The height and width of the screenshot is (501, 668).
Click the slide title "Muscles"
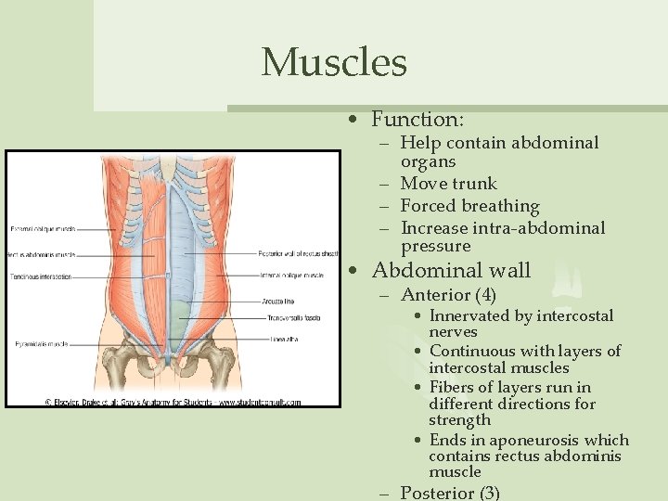tap(334, 63)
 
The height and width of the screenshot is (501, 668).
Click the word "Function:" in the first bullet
tap(417, 120)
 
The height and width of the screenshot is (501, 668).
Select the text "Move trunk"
tap(448, 184)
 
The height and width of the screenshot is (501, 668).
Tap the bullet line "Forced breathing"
tap(469, 206)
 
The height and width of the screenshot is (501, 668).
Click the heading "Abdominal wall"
tap(451, 271)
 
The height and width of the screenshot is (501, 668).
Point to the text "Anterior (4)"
tap(448, 296)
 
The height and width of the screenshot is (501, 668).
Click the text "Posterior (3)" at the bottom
tap(450, 493)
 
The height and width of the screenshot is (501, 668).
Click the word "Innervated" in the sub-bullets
tap(469, 315)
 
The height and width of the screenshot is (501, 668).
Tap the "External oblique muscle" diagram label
tap(43, 228)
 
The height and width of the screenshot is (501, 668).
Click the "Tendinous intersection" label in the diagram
tap(42, 276)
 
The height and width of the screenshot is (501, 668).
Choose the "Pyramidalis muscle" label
tap(38, 344)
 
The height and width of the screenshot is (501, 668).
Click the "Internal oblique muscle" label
tap(291, 276)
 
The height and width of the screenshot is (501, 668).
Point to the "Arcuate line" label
tap(277, 300)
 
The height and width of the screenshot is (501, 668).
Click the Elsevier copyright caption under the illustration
tap(173, 403)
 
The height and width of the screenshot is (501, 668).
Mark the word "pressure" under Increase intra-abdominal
tap(435, 247)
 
